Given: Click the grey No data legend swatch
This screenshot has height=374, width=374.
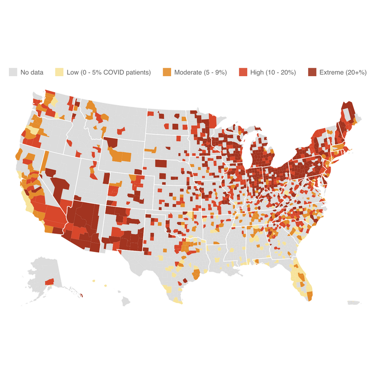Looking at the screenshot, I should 13,72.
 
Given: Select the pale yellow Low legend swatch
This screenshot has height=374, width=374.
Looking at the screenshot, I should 59,72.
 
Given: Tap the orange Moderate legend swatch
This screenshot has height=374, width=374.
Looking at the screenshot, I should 167,72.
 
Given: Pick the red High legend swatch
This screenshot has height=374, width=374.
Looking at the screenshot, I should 243,72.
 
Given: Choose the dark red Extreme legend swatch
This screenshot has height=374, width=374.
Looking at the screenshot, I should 312,72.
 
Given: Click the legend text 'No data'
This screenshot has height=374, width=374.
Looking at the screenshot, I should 32,72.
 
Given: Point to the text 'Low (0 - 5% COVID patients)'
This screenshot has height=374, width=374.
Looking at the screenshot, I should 108,72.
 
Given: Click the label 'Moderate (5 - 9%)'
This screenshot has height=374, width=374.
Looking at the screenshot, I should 200,72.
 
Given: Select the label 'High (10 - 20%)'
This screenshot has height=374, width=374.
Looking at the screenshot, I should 273,72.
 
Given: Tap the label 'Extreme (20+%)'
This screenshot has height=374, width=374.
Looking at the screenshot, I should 343,72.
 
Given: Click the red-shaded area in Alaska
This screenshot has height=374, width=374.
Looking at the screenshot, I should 49,281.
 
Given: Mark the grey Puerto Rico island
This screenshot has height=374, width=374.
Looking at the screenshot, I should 354,302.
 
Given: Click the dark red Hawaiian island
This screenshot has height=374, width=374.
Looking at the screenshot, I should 81,295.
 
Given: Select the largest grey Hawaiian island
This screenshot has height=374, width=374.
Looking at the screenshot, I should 126,302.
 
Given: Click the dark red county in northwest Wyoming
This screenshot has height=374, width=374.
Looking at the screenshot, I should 112,142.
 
